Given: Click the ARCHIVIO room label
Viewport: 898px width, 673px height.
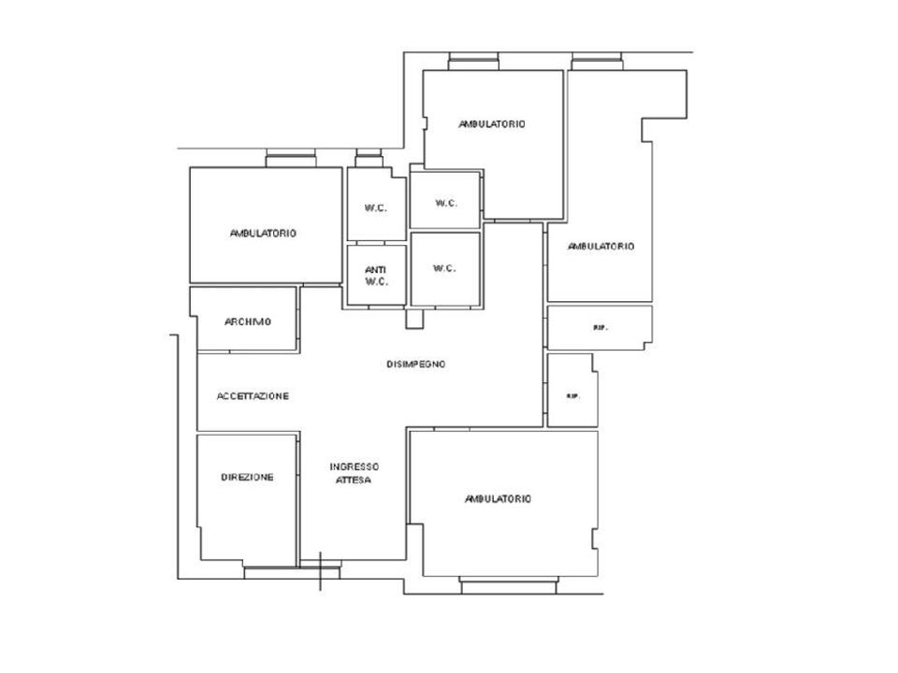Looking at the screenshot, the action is tap(247, 322).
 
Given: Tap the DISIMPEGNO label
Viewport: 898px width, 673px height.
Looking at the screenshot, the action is tap(415, 364).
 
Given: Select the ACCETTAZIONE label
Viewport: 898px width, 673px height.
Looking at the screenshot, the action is tap(253, 396).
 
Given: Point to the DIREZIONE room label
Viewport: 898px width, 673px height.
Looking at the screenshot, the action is tap(247, 478).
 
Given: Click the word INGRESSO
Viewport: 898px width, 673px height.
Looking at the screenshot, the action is tap(354, 467).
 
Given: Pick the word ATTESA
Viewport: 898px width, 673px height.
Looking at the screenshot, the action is tap(354, 480).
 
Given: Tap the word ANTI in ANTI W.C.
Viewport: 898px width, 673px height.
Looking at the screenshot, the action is tap(376, 269).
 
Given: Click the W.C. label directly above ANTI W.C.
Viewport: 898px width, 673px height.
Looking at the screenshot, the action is tap(376, 208).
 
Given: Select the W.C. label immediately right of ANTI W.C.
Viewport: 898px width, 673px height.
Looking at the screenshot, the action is tap(444, 268).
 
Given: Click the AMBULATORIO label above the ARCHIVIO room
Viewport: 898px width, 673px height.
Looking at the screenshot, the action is tap(263, 234).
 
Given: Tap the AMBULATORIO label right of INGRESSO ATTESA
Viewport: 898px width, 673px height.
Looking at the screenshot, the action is tap(498, 499).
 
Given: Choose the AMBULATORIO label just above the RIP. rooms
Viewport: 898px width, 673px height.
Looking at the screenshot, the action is tap(601, 247).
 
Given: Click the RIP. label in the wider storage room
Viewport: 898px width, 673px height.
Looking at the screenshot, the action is tap(600, 328).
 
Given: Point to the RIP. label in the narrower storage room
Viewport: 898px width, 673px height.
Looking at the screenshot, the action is tap(572, 396).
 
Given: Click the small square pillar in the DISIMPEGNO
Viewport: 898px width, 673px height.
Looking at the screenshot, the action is tap(414, 319).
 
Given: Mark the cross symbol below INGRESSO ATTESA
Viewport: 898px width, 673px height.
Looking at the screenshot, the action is tap(320, 570).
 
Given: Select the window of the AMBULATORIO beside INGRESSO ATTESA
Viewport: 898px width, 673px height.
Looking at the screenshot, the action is tap(509, 585).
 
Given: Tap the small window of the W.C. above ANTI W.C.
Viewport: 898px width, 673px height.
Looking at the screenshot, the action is tap(369, 159).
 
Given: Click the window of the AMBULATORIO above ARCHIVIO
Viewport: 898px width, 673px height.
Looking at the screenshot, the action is tap(291, 159).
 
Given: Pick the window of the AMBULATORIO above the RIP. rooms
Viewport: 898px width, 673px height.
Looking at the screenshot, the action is tap(597, 62).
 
